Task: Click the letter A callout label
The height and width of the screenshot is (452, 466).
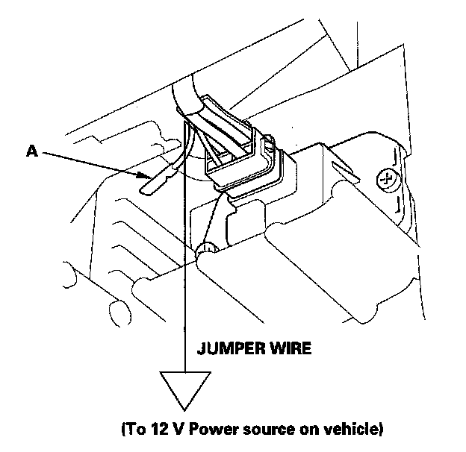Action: pos(31,151)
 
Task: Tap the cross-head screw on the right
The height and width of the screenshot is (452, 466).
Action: pos(387,178)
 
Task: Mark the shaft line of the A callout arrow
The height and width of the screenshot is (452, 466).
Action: pos(90,164)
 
